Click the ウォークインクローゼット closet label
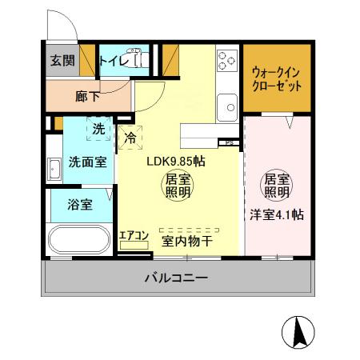pos(276,78)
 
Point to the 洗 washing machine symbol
pos(98,128)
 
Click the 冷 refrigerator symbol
pos(130,136)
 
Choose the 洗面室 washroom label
pos(86,161)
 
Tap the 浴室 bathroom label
pos(79,204)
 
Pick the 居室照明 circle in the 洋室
pos(275,186)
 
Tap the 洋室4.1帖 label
pos(276,214)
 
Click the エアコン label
pos(134,235)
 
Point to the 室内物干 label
pos(186,238)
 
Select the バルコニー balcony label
pos(176,278)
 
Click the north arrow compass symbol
pos(298,331)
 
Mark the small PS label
pos(230,144)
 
